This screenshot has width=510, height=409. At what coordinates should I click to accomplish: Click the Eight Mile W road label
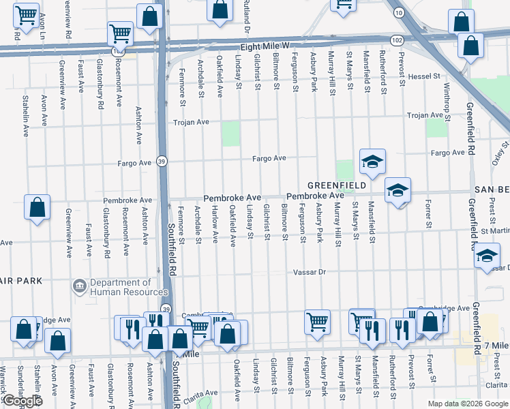tap(265, 46)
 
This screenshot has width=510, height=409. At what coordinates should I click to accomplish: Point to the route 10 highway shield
tap(398, 13)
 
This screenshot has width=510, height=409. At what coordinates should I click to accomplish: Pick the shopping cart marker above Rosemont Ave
tap(121, 33)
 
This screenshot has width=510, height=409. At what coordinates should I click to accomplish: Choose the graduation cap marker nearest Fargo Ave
tap(372, 162)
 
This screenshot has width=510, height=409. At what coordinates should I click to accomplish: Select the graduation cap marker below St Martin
tap(486, 256)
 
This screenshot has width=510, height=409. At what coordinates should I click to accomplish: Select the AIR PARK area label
tap(20, 281)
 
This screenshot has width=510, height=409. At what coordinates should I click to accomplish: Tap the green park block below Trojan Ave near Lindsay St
tap(231, 134)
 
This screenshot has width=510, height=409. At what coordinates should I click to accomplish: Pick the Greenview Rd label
tap(66, 19)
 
